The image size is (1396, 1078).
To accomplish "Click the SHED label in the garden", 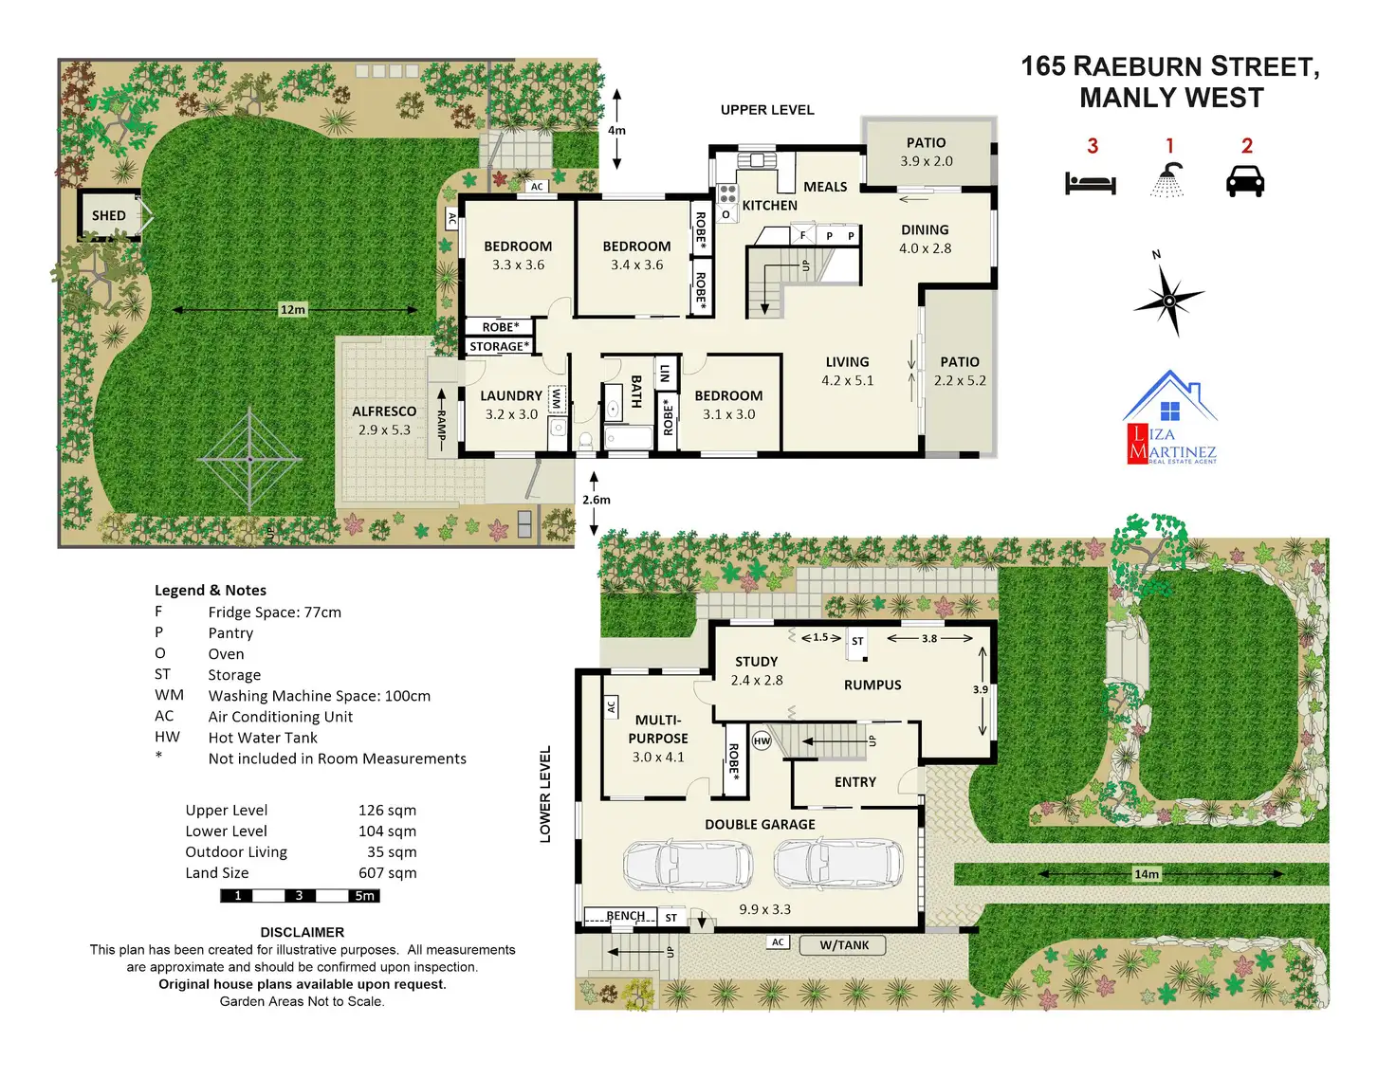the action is click(109, 215).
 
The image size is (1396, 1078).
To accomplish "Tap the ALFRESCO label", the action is click(384, 411).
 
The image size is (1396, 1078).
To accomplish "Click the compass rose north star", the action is click(1169, 300).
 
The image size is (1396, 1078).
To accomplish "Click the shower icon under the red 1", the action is click(1169, 179).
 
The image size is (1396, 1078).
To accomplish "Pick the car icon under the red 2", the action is click(1245, 180).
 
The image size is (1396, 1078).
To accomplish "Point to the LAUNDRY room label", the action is click(511, 395).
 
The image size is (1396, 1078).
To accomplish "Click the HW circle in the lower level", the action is click(762, 741).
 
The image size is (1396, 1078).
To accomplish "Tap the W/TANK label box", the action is click(844, 945).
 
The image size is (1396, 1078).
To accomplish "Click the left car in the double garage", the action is click(687, 864).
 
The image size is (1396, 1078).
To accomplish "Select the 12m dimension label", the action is click(293, 310).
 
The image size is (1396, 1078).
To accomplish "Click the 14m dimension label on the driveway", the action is click(1147, 874).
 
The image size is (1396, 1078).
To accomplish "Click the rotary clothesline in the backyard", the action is click(249, 460).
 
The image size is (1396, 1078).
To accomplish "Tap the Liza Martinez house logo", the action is click(1171, 417).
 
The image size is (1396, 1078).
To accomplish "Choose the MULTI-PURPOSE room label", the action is click(658, 729).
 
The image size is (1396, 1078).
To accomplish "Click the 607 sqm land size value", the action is click(387, 873).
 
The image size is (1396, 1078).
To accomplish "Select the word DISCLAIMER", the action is click(302, 932).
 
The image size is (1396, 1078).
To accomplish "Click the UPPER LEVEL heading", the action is click(767, 110).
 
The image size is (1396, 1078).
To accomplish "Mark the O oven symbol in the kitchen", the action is click(726, 214).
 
